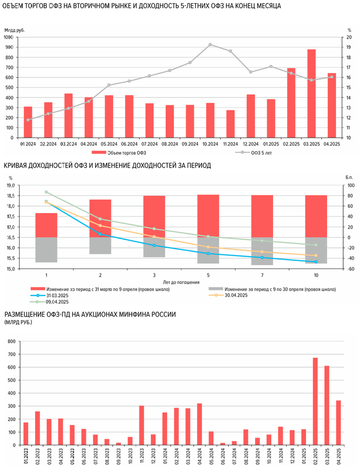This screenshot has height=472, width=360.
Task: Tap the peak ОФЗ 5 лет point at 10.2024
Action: pyautogui.click(x=210, y=45)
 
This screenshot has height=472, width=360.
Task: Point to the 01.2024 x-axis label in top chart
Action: pyautogui.click(x=28, y=145)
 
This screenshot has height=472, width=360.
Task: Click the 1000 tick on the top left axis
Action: pyautogui.click(x=8, y=37)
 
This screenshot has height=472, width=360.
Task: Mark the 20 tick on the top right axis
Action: pyautogui.click(x=349, y=37)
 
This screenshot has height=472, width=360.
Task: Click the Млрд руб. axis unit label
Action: pyautogui.click(x=14, y=30)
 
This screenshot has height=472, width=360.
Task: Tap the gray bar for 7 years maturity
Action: pyautogui.click(x=262, y=251)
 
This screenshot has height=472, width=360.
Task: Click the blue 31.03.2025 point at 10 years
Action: pyautogui.click(x=316, y=262)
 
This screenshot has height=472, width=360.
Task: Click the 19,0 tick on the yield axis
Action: pyautogui.click(x=10, y=185)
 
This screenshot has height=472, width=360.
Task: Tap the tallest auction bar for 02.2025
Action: pyautogui.click(x=315, y=401)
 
